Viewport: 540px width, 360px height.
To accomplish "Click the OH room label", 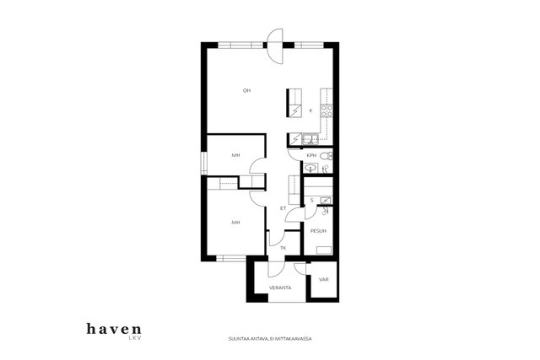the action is coord(246,90).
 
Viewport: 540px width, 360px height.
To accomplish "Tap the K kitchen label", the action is coord(310,110).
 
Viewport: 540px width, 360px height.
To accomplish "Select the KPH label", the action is coord(311,156).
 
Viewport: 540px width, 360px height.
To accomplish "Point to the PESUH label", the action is coord(318,231).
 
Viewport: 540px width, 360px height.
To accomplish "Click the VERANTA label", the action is coord(280,287).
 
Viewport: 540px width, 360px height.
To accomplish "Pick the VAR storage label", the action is coord(324,279).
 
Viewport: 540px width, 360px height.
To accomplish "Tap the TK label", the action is coord(283,248).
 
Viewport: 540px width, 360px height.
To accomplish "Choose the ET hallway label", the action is coord(283,208).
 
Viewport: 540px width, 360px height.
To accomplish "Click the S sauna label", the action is coord(312,201).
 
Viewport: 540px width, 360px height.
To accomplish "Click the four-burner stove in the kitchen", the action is coord(327,110).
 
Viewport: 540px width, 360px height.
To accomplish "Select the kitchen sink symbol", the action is coord(311,139).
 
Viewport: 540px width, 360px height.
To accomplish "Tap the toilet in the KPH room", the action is coord(326,156).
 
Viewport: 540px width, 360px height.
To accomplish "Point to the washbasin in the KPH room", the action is coord(311,169).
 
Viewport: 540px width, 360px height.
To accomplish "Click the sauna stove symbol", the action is coord(326,201).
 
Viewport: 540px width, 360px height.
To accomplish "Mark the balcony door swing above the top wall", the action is coord(276,46).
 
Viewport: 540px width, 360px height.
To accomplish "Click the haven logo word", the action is coord(114,329).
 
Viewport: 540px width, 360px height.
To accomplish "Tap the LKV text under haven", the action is coord(135,338).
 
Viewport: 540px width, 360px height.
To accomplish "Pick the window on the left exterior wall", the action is coord(204,163).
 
